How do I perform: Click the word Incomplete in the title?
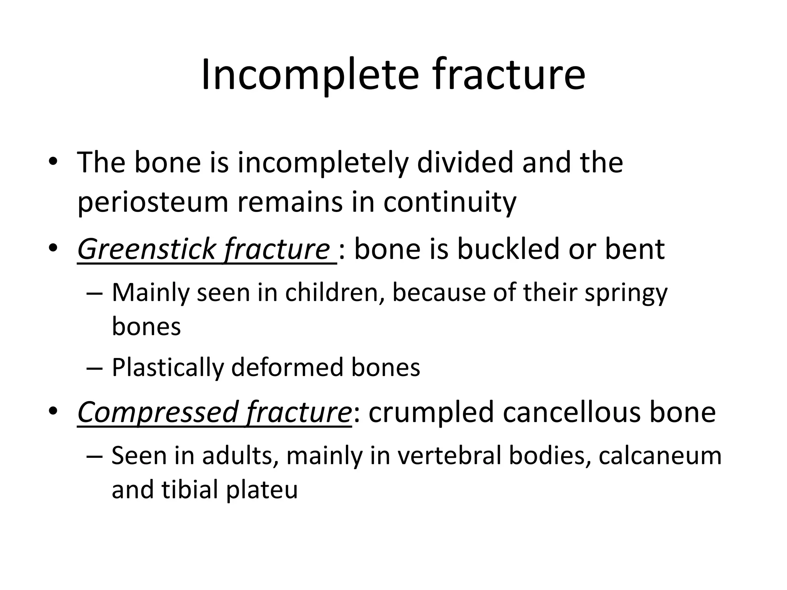[309, 75]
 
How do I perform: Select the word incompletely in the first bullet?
[322, 162]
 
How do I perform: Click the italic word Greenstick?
[147, 250]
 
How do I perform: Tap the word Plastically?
[168, 368]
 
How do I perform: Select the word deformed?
[287, 367]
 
